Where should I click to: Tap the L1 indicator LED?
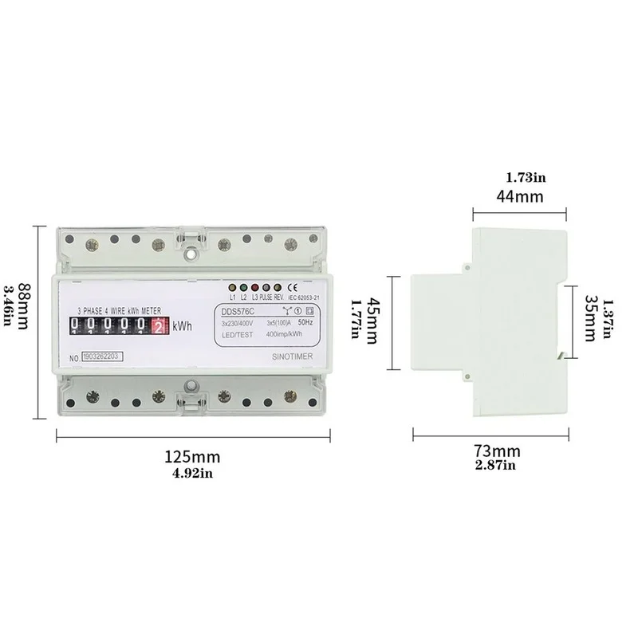click(232, 288)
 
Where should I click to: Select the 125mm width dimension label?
click(192, 457)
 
